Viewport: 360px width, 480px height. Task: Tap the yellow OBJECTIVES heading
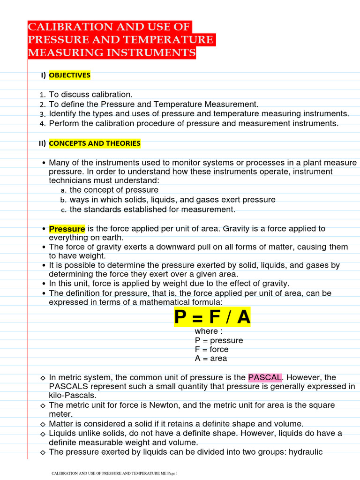69,75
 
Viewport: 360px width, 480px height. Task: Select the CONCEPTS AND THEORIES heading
94,143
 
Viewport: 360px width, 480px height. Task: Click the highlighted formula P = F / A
212,317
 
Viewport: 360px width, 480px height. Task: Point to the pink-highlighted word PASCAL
265,377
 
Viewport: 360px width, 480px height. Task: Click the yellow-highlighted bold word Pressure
67,229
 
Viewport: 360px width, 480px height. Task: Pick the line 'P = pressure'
219,340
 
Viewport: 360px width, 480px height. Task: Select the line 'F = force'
212,349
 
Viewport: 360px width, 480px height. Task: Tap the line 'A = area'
211,359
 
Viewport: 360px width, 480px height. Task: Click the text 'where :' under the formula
209,331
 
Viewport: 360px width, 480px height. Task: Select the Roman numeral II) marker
42,143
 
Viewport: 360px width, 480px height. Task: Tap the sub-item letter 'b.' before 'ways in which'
64,200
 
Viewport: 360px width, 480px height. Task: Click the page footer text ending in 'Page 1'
114,474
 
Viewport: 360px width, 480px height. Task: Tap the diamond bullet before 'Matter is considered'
43,424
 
